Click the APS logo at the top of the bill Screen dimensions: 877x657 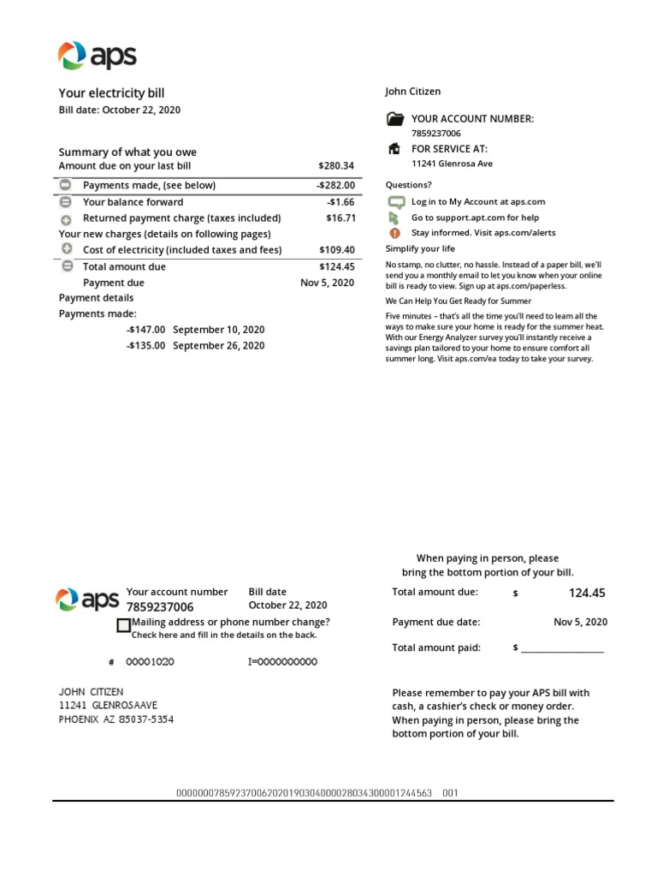point(97,57)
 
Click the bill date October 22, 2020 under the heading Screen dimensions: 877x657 point(119,110)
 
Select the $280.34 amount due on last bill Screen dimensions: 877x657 point(335,165)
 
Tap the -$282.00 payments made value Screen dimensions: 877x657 point(334,185)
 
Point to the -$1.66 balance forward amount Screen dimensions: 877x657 point(340,202)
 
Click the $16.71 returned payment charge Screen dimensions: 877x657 point(340,218)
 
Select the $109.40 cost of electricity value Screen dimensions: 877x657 point(335,250)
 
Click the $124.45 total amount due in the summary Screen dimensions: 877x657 point(335,266)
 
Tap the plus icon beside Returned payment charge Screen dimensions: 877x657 point(66,219)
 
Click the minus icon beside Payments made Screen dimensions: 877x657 point(66,185)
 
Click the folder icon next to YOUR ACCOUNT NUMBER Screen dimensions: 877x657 point(395,119)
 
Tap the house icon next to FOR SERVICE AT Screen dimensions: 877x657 point(394,148)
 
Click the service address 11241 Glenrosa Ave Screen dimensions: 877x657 point(452,164)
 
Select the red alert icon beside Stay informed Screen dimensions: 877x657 point(394,232)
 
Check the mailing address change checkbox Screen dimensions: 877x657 point(123,626)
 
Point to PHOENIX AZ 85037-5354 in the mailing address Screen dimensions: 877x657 point(115,719)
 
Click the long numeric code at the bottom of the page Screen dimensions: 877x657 point(304,793)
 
